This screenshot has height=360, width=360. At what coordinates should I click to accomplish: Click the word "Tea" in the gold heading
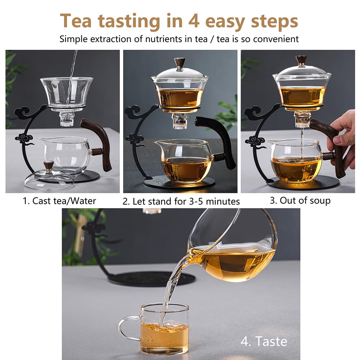pos(76,21)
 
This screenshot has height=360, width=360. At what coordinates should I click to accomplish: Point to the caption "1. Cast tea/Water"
pos(59,201)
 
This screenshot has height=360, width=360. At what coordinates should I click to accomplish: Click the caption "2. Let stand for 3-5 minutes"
pos(181,201)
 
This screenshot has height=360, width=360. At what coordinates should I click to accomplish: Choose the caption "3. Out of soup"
pos(300,201)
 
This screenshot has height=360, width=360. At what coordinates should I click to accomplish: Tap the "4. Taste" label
pos(264,341)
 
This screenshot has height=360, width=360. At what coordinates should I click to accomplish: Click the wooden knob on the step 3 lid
pos(301,60)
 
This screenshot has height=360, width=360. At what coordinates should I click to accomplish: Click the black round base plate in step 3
pos(303,183)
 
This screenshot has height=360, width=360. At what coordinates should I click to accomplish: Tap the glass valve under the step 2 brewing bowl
pos(180,120)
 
